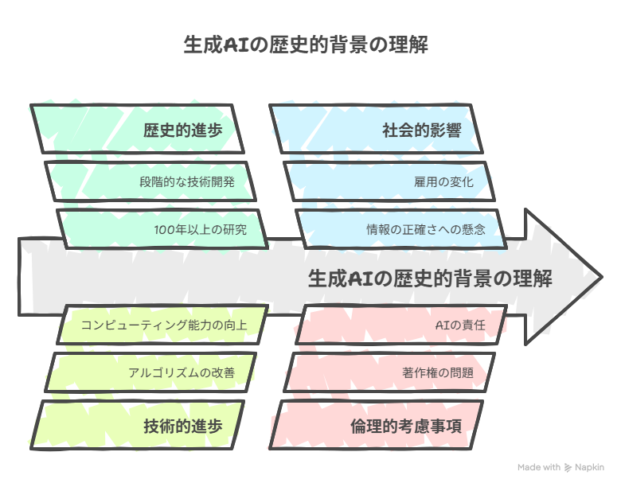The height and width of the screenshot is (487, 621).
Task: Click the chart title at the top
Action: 306,45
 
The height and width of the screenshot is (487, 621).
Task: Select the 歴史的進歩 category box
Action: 137,129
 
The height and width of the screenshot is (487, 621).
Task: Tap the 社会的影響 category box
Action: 376,129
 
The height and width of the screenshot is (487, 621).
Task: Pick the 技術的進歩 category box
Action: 137,425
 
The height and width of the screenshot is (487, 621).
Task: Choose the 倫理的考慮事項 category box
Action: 376,425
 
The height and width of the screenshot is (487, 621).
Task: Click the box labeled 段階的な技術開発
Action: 150,181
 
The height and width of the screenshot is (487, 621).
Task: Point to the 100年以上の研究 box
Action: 162,229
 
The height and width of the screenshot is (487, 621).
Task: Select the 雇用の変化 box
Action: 389,181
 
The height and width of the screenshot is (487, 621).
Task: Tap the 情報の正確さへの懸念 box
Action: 400,229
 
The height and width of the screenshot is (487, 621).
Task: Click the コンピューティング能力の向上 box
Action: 162,325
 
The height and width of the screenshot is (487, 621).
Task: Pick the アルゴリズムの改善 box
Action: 150,372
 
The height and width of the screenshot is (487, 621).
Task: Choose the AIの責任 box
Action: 400,325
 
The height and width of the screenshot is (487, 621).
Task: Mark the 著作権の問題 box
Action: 389,372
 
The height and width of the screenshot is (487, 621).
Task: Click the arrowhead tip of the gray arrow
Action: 602,277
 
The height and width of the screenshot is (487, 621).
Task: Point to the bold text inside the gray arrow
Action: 430,278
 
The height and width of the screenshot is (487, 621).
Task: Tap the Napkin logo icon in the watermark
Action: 568,468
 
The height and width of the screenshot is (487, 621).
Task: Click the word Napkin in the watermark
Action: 589,468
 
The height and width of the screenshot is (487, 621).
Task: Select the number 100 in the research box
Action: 162,230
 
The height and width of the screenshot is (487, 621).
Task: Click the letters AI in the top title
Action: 236,45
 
